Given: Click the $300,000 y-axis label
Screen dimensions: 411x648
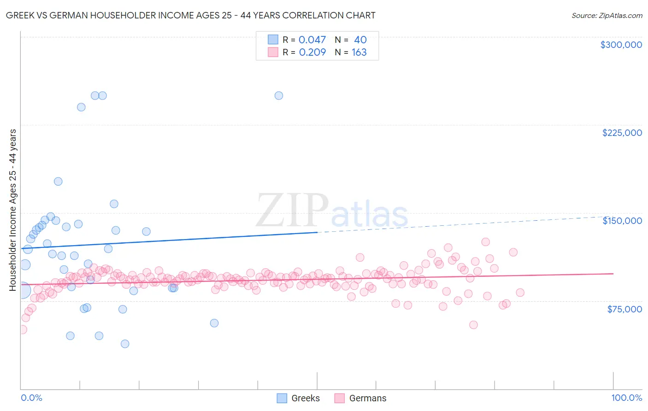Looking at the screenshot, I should coord(621,45).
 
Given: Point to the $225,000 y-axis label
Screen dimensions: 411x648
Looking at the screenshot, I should coord(622,133).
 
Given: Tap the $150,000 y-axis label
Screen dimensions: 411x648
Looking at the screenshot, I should coord(622,221).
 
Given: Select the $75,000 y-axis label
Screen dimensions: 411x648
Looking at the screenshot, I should coord(624,309).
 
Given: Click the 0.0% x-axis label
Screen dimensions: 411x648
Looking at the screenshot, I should coord(31,398).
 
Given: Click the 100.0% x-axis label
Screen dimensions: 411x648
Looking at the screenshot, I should coord(626,398).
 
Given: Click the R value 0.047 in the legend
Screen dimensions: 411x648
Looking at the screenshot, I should coord(312,40).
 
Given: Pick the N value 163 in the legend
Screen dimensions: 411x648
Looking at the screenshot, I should coord(359,52).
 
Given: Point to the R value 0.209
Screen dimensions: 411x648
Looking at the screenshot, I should coord(312,52).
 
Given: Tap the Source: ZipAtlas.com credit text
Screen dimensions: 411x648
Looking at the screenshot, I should coord(607,15).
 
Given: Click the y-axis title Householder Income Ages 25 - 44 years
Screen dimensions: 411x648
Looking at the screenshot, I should coord(13,210).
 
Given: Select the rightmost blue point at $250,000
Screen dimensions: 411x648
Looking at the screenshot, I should coord(279,96).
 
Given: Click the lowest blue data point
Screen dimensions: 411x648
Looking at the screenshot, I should coord(125,344).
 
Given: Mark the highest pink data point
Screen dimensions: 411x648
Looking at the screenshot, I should coord(485,242).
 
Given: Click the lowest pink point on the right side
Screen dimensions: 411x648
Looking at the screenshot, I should coord(473,325).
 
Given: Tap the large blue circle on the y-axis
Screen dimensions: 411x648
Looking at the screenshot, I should coord(22,290).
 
